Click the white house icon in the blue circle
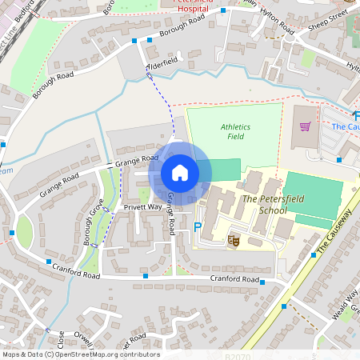pyautogui.click(x=180, y=172)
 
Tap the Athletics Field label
pyautogui.click(x=235, y=132)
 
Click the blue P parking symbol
pyautogui.click(x=198, y=228)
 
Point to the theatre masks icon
pyautogui.click(x=234, y=239)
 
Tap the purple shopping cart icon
pyautogui.click(x=305, y=126)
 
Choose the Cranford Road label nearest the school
pyautogui.click(x=235, y=278)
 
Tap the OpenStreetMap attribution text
pyautogui.click(x=80, y=354)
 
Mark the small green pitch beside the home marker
pyautogui.click(x=226, y=170)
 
